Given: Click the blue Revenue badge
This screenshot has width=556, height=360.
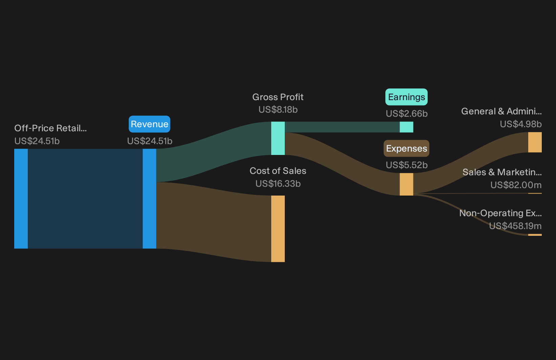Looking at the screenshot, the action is pyautogui.click(x=149, y=124).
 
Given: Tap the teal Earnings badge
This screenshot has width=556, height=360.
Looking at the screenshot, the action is pyautogui.click(x=406, y=97).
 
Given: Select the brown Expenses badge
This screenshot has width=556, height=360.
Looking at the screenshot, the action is pyautogui.click(x=406, y=149).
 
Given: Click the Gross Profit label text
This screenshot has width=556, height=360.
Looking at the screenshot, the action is pyautogui.click(x=278, y=97).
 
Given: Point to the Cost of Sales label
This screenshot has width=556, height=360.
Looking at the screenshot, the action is pyautogui.click(x=278, y=171).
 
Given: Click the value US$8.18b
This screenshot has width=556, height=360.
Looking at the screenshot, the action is pyautogui.click(x=278, y=110).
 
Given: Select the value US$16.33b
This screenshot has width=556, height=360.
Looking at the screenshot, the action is pyautogui.click(x=278, y=184).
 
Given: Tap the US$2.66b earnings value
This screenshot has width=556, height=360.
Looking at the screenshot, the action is pyautogui.click(x=407, y=114).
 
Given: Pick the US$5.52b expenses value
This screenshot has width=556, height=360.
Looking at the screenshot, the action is pyautogui.click(x=407, y=165).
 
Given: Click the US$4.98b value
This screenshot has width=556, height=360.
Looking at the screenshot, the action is pyautogui.click(x=521, y=124).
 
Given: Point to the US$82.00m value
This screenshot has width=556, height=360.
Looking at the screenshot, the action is pyautogui.click(x=516, y=185).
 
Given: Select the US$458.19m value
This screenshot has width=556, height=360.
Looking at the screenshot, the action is pyautogui.click(x=515, y=226).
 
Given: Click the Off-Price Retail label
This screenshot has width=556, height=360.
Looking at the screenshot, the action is pyautogui.click(x=51, y=128).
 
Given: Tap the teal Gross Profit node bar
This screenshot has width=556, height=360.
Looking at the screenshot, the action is pyautogui.click(x=278, y=138).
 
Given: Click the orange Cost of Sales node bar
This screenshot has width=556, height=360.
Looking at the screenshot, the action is pyautogui.click(x=278, y=229).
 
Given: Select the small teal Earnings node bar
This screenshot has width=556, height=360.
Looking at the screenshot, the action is pyautogui.click(x=407, y=127).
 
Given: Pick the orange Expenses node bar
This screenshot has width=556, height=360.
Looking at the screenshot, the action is pyautogui.click(x=407, y=184).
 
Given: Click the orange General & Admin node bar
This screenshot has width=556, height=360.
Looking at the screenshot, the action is pyautogui.click(x=535, y=142).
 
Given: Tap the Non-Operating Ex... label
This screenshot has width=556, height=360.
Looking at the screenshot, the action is pyautogui.click(x=500, y=213).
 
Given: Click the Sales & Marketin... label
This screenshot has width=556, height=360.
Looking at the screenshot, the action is pyautogui.click(x=502, y=172).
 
